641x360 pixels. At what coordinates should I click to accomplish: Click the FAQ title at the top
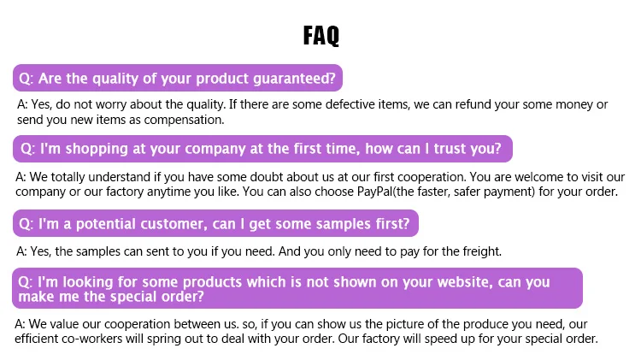coord(320,35)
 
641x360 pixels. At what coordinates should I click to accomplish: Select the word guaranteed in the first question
coord(294,79)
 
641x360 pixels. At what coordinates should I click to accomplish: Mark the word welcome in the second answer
coord(538,177)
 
